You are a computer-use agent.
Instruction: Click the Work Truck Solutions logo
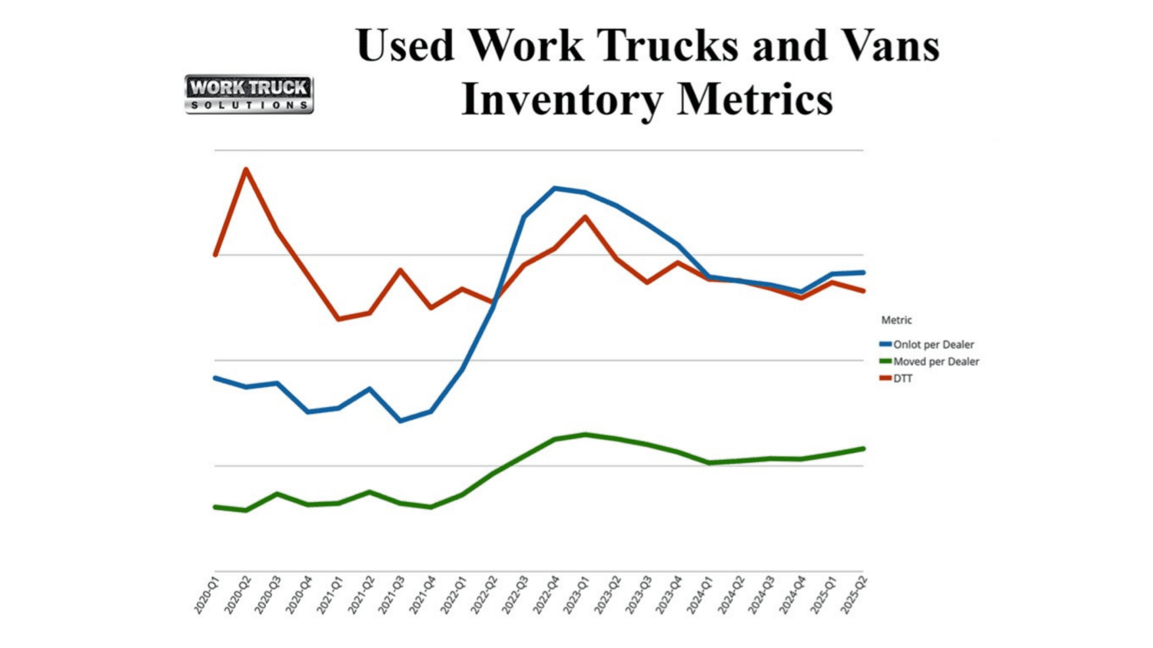pyautogui.click(x=249, y=94)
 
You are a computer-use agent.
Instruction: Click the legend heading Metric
pyautogui.click(x=896, y=320)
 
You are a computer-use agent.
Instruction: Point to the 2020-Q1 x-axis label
pyautogui.click(x=206, y=596)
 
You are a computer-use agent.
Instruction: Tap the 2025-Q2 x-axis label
pyautogui.click(x=854, y=596)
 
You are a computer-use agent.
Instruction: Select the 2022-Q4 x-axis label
pyautogui.click(x=546, y=596)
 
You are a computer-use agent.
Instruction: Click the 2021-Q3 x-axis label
pyautogui.click(x=391, y=596)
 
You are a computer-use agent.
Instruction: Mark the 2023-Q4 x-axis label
pyautogui.click(x=669, y=596)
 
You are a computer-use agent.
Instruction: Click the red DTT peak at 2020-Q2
pyautogui.click(x=246, y=169)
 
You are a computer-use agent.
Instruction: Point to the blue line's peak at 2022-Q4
pyautogui.click(x=555, y=188)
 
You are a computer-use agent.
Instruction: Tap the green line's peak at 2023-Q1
pyautogui.click(x=586, y=435)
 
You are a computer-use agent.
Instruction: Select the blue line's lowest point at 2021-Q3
pyautogui.click(x=400, y=421)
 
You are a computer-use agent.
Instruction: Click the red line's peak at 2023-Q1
pyautogui.click(x=586, y=217)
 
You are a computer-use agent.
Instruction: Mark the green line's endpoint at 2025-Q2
pyautogui.click(x=863, y=448)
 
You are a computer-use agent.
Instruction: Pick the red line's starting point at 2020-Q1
pyautogui.click(x=215, y=254)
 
